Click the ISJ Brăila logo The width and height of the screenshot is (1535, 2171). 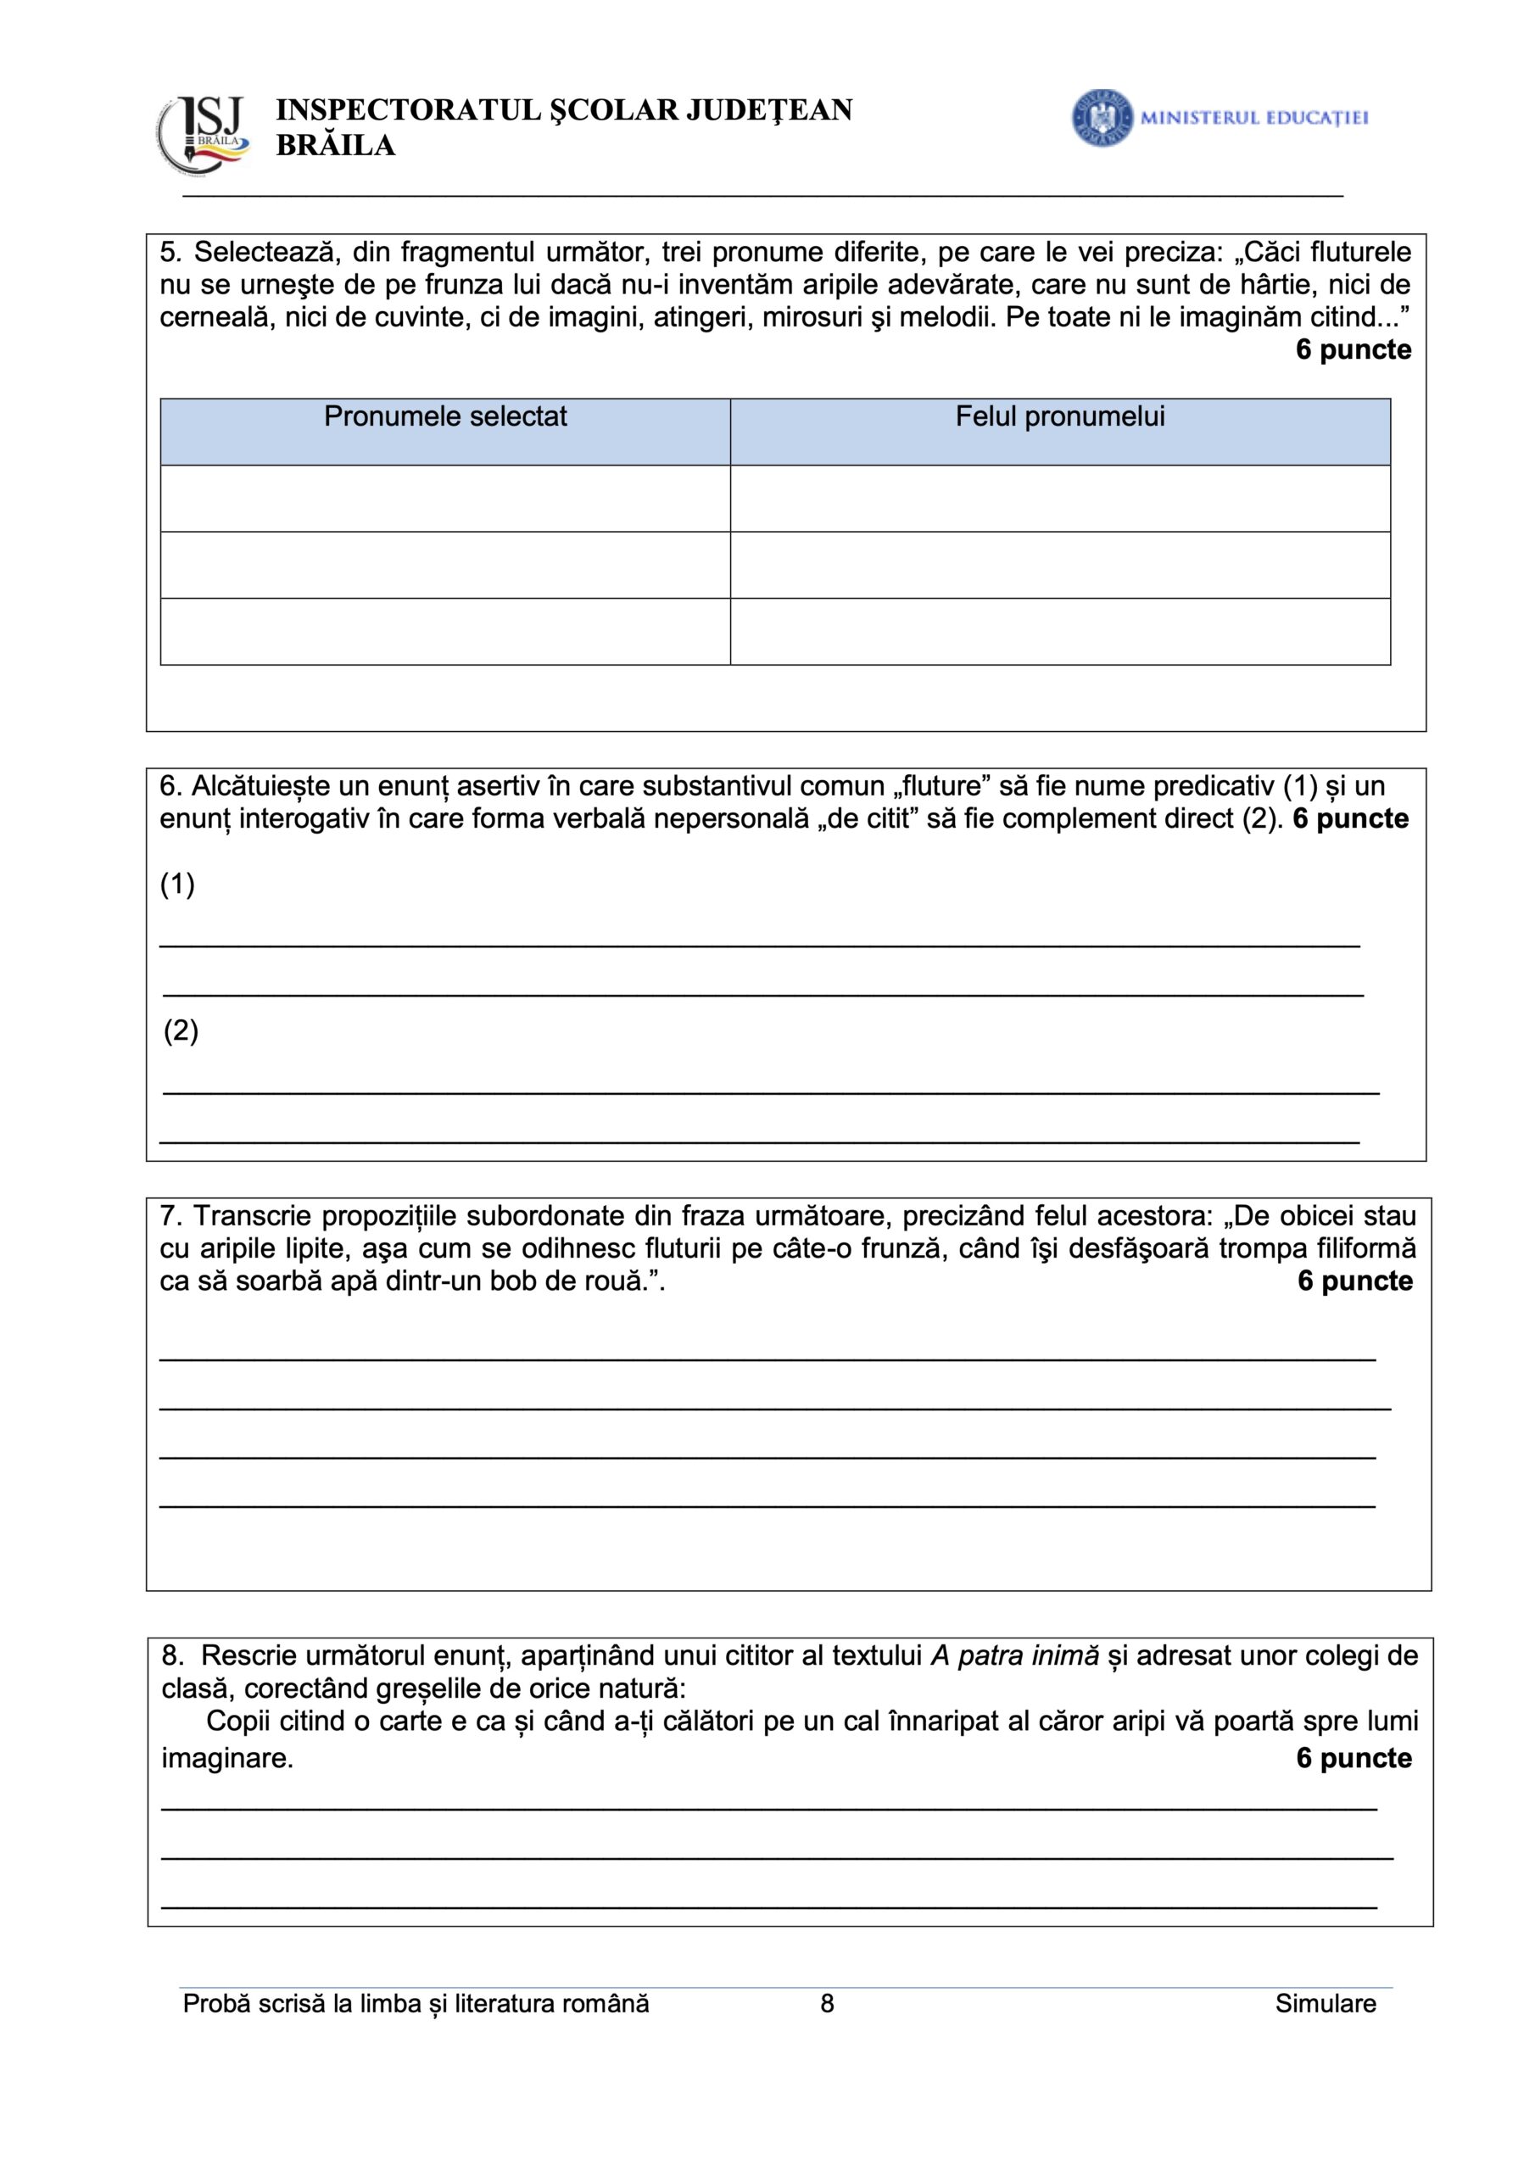204,135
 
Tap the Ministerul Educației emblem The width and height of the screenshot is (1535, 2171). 1102,118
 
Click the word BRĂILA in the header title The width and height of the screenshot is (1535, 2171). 335,146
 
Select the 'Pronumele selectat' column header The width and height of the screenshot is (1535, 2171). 445,417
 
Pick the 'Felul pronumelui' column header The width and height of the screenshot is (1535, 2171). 1059,417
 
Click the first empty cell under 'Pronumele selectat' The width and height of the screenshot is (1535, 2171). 445,499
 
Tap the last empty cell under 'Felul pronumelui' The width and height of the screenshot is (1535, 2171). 1059,632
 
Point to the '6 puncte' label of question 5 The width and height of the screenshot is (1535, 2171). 1353,350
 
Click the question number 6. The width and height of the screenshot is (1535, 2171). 170,787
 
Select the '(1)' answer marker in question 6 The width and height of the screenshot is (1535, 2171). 178,885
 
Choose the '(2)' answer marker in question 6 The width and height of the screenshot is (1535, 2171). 181,1030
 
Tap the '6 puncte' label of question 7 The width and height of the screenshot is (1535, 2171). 1354,1281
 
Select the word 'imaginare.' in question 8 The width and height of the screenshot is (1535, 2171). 227,1758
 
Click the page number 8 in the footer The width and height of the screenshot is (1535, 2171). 827,2004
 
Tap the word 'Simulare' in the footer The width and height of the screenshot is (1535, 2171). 1324,2004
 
